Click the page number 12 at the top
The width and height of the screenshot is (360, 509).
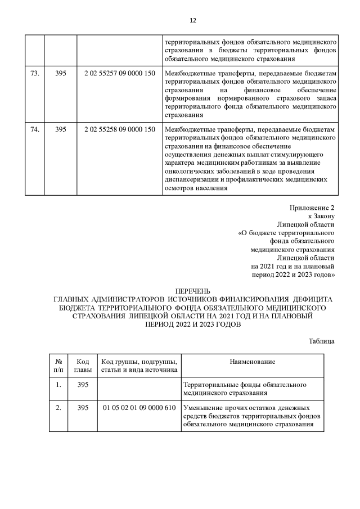[x=192, y=20]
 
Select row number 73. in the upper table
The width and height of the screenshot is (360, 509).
[x=34, y=74]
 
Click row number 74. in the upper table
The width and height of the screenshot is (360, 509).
[x=34, y=129]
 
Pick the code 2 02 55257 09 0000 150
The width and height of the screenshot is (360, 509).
[x=119, y=74]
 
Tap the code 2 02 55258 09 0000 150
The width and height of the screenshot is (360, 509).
[x=119, y=129]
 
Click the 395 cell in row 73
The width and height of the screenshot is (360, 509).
[x=61, y=74]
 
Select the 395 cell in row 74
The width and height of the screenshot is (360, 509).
[x=61, y=129]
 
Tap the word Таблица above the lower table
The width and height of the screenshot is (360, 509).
[x=322, y=341]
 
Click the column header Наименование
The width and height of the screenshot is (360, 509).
[x=252, y=361]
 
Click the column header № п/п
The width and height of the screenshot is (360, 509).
[x=58, y=365]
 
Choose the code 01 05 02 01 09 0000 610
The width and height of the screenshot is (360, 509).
[x=139, y=408]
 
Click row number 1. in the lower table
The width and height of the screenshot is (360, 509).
[x=58, y=385]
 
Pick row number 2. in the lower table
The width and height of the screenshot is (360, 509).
[x=58, y=408]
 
